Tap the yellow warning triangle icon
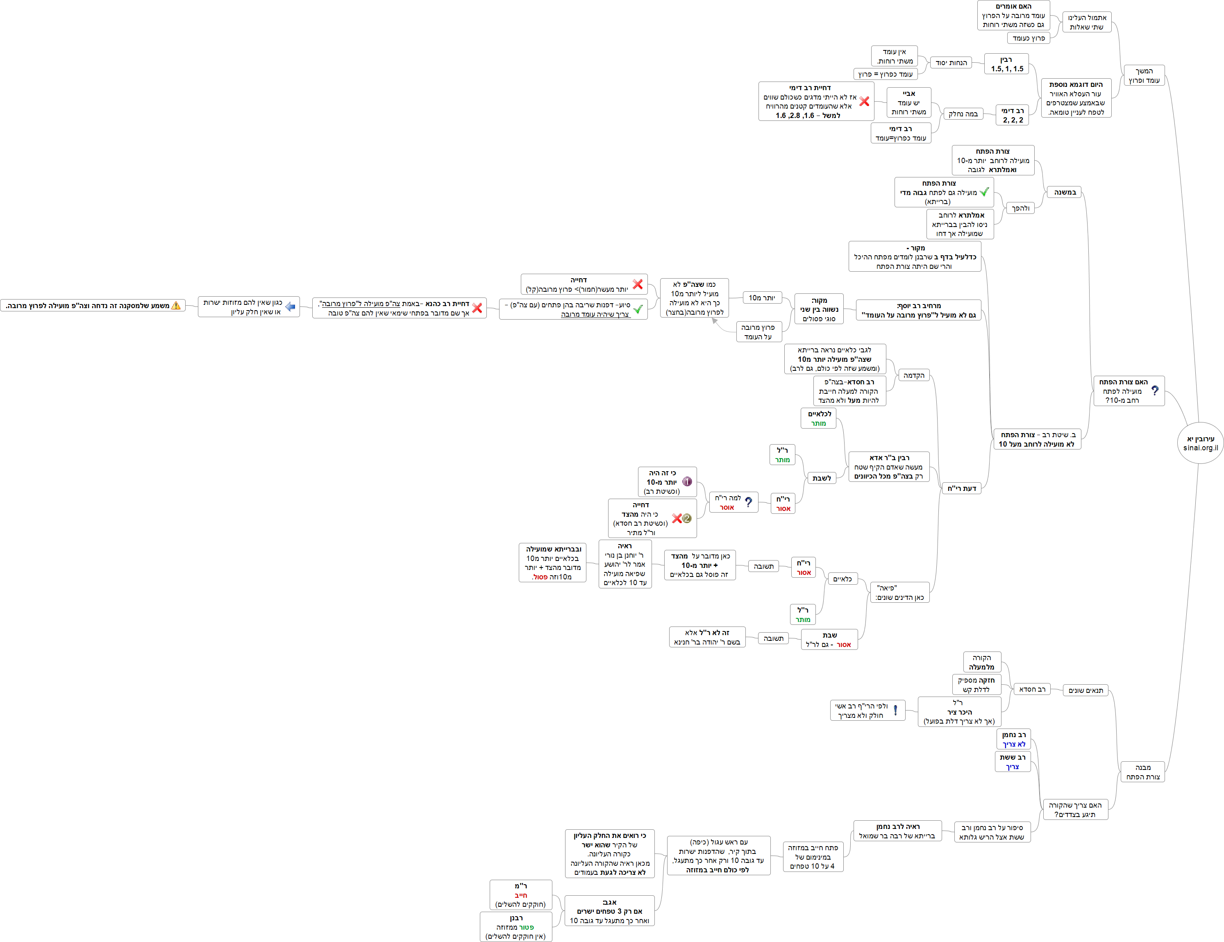pos(176,305)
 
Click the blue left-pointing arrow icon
pos(290,307)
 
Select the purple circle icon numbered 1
pos(687,481)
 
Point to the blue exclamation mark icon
pos(896,710)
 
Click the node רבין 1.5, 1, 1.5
pos(1006,64)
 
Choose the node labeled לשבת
pos(822,478)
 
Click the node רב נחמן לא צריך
pos(1013,739)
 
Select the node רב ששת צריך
pos(1013,762)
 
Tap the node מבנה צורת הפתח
pos(1143,772)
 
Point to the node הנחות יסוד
pos(951,63)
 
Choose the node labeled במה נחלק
pos(963,114)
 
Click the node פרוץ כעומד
pos(1029,38)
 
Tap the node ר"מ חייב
pos(521,895)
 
